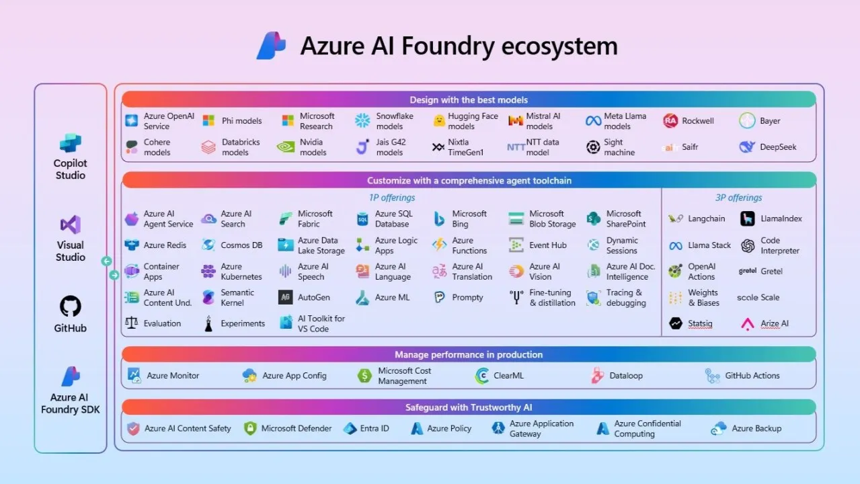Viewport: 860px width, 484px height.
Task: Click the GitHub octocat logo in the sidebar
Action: tap(70, 306)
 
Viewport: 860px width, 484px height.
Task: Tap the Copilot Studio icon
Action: tap(70, 143)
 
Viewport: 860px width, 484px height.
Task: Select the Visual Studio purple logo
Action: tap(71, 225)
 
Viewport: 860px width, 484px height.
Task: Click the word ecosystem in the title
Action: tap(559, 46)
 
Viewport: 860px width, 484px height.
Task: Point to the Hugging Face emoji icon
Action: tap(439, 121)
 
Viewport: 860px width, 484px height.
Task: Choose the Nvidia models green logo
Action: tap(286, 147)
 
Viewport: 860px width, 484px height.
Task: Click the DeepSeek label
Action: tap(778, 147)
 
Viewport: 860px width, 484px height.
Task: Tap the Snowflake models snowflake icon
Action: tap(362, 121)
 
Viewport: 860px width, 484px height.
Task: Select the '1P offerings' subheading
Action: tap(391, 198)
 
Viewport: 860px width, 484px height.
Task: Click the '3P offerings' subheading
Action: tap(738, 198)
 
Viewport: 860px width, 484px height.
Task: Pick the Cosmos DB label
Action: tap(241, 245)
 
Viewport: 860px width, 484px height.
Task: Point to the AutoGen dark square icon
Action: tap(285, 297)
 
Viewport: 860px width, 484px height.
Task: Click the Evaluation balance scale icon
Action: tap(131, 323)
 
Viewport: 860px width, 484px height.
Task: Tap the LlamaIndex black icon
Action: tap(747, 218)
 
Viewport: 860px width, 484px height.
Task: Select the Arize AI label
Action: tap(775, 323)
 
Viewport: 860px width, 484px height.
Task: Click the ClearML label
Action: tap(508, 375)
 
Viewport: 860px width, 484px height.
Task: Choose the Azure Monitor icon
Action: tap(134, 375)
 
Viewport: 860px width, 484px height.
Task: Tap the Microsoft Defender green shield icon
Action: tap(250, 428)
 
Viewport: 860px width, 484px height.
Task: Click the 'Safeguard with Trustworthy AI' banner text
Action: tap(469, 407)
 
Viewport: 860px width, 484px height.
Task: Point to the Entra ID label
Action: tap(375, 428)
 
